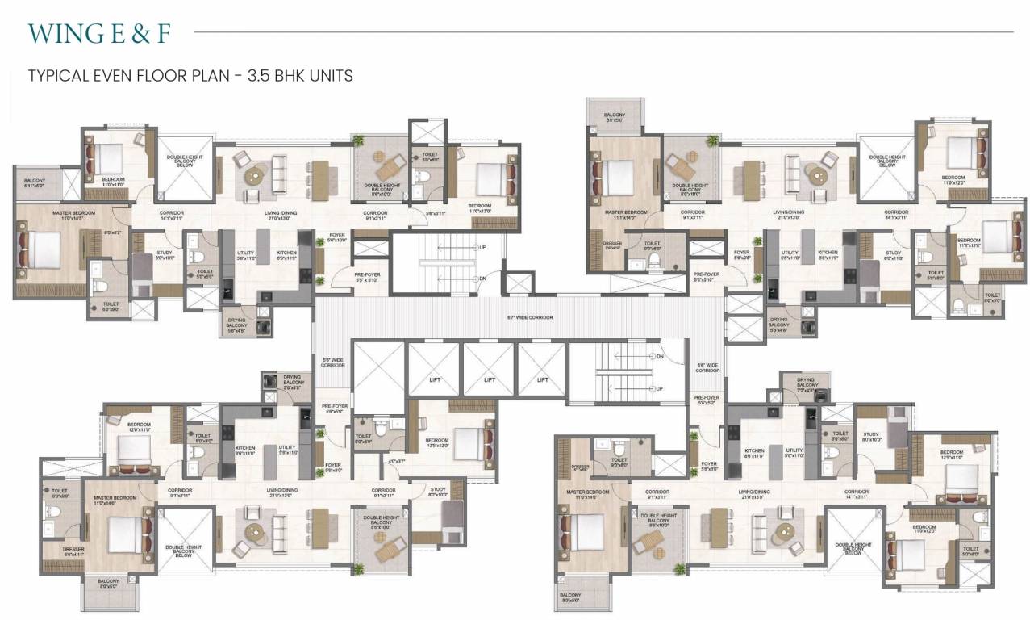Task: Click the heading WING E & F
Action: [99, 33]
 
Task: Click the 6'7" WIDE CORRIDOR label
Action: [530, 317]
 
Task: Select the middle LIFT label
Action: [489, 380]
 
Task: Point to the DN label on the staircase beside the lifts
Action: [660, 356]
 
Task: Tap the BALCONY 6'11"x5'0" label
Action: [35, 183]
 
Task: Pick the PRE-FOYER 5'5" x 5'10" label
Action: [367, 278]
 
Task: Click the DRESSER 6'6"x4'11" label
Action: [73, 551]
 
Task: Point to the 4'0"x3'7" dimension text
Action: [395, 461]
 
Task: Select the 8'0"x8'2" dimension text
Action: [111, 233]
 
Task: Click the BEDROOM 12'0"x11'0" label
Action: [139, 427]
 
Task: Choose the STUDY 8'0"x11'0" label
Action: [893, 255]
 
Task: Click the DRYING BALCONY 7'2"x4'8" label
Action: [806, 383]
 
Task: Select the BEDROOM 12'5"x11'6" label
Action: [952, 455]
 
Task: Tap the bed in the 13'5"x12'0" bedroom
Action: [468, 443]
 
